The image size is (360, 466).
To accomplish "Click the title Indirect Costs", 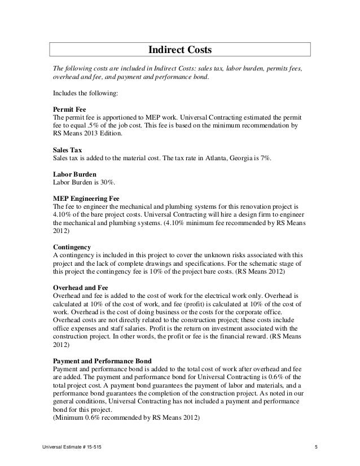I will point(179,50).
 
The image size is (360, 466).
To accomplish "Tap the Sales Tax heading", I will point(67,151).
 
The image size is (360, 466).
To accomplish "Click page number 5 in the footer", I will point(317,447).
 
